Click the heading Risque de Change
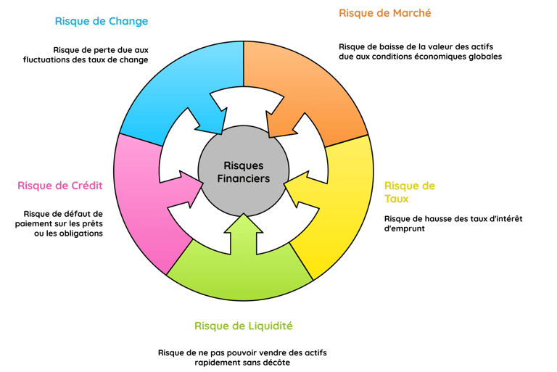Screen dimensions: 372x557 pyautogui.click(x=102, y=22)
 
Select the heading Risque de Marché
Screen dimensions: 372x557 pyautogui.click(x=385, y=13)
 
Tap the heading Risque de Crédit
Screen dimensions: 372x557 pyautogui.click(x=60, y=186)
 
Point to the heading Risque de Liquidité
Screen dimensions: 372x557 pyautogui.click(x=243, y=326)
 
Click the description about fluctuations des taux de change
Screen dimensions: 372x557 pyautogui.click(x=101, y=54)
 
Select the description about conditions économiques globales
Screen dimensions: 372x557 pyautogui.click(x=420, y=51)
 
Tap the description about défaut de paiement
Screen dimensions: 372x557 pyautogui.click(x=63, y=223)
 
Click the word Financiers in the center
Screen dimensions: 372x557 pyautogui.click(x=243, y=178)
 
